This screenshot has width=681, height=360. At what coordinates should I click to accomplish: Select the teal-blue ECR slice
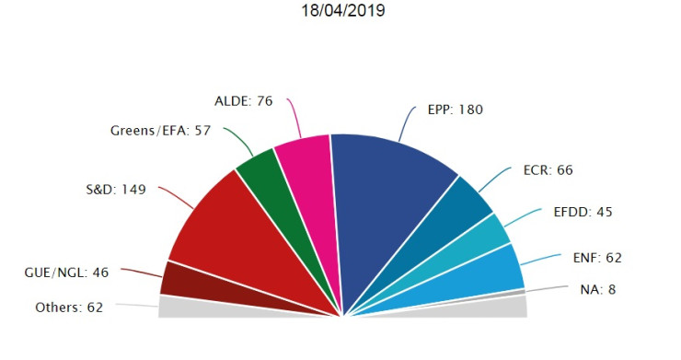click(x=459, y=216)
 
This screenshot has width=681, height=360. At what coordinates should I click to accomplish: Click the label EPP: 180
click(x=456, y=110)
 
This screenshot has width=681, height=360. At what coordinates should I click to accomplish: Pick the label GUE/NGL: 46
click(x=66, y=273)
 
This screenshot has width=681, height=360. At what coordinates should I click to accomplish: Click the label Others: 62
click(x=68, y=308)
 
